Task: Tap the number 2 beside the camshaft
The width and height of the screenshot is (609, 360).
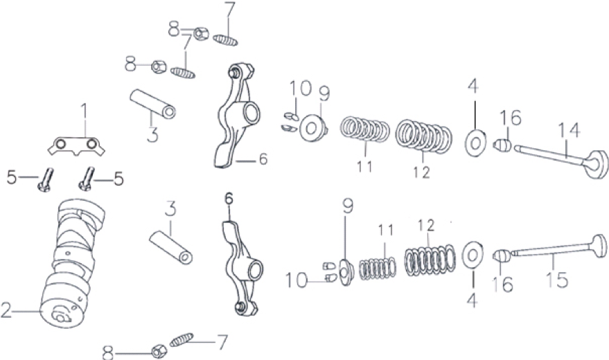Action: [x=7, y=310]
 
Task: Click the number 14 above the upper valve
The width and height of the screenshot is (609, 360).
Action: [x=569, y=130]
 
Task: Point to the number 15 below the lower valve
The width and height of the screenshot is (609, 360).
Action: [x=557, y=279]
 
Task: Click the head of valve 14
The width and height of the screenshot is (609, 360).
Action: [x=598, y=164]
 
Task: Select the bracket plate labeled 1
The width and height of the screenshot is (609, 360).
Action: [x=76, y=146]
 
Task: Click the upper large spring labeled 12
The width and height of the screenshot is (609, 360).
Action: [x=424, y=136]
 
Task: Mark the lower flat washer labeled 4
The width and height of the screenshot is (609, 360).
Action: [x=473, y=255]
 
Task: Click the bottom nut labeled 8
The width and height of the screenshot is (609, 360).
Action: [x=159, y=351]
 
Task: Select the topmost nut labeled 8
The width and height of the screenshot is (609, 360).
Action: [x=201, y=34]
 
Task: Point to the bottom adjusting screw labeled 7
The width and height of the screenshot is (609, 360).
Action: [x=182, y=339]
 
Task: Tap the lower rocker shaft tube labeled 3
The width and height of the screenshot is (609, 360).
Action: [x=171, y=248]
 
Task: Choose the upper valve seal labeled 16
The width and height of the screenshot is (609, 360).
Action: [x=502, y=146]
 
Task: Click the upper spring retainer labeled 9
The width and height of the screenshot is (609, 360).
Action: [x=313, y=128]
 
